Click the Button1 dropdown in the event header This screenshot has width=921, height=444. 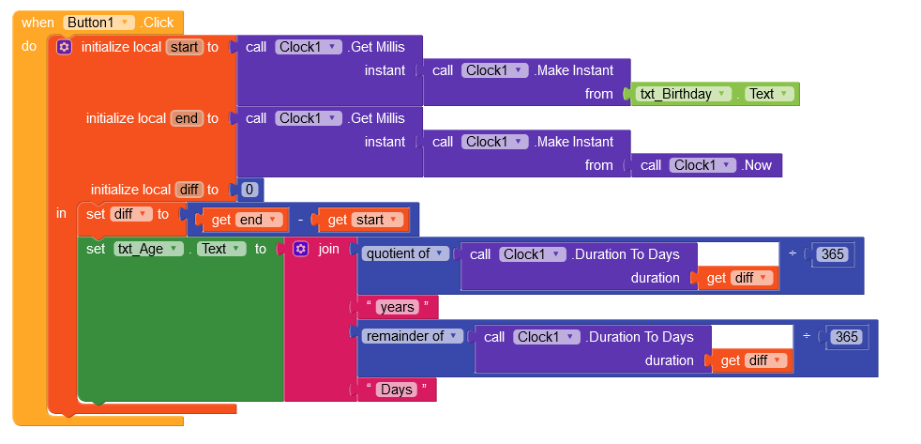(x=99, y=23)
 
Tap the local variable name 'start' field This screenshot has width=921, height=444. (x=185, y=47)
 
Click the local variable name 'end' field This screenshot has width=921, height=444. (x=187, y=118)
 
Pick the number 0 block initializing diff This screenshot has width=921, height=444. (x=249, y=190)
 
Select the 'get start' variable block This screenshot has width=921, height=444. (x=364, y=220)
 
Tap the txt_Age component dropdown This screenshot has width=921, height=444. (x=148, y=249)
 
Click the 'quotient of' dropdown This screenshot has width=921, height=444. (x=405, y=253)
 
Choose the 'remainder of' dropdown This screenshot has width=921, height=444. (x=412, y=336)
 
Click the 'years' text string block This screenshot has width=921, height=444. (x=397, y=307)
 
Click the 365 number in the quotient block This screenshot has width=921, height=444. (x=832, y=254)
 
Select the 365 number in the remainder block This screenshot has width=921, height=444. (x=846, y=337)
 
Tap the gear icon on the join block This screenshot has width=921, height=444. (x=300, y=249)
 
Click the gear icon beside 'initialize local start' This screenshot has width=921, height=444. (x=64, y=47)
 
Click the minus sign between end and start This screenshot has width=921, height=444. (x=300, y=220)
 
